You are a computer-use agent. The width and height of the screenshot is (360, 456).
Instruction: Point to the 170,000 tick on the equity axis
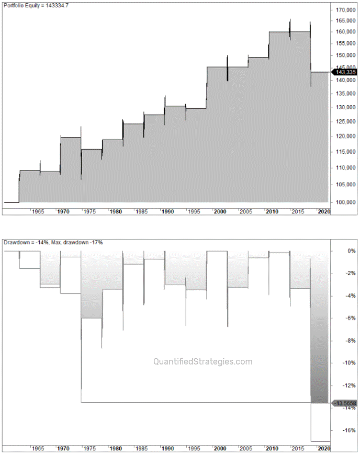(346, 10)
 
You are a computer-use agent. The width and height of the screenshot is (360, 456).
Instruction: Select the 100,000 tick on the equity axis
(346, 202)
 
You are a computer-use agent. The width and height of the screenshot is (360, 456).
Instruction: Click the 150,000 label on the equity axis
(346, 55)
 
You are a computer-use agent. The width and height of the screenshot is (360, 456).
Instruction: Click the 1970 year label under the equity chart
(63, 212)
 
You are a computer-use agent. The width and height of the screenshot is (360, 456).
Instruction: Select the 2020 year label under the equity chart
(324, 212)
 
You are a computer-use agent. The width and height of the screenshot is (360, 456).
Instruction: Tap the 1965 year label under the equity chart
(37, 212)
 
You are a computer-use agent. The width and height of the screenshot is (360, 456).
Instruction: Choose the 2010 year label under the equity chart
(272, 212)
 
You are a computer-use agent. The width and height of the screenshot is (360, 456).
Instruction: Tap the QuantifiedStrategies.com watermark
(203, 362)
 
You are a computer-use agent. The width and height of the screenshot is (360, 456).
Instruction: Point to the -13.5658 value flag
(345, 403)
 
